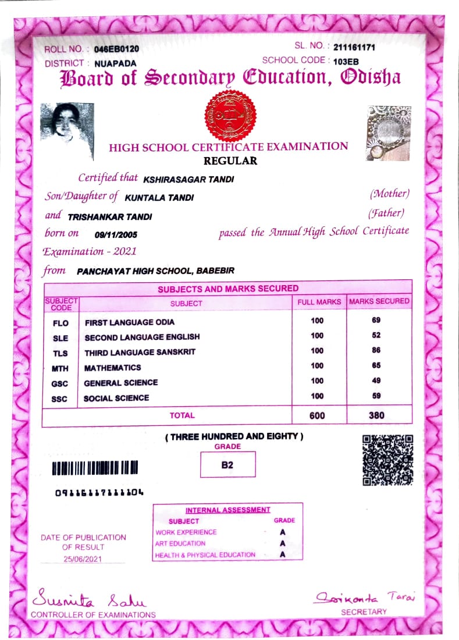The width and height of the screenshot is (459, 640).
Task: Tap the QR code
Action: pos(387,460)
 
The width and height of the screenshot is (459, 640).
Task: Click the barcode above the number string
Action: pos(95,468)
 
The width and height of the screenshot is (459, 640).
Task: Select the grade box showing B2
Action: pos(227,465)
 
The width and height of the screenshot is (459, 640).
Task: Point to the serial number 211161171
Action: pos(354,47)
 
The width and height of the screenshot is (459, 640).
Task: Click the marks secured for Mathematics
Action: pos(376,365)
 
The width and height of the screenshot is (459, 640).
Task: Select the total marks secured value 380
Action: pos(376,416)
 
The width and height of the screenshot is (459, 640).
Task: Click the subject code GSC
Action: pos(60,383)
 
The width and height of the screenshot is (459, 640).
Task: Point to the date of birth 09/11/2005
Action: pos(116,234)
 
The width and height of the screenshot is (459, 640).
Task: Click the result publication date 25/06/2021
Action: pos(83,559)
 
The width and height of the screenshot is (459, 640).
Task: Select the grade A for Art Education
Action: pos(283,543)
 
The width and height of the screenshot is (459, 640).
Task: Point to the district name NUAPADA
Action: pos(115,63)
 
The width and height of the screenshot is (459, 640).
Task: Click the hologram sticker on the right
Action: pos(389,133)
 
